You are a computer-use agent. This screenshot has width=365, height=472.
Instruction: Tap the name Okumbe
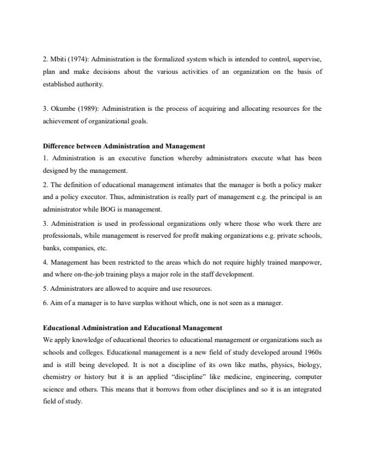tap(62, 108)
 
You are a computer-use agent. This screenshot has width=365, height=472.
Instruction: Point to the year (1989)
tap(87, 108)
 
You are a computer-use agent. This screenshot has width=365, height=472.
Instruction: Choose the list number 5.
tap(45, 289)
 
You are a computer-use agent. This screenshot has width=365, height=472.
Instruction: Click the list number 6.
tap(45, 303)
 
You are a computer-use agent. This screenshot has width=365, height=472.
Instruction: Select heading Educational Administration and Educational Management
tap(133, 328)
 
